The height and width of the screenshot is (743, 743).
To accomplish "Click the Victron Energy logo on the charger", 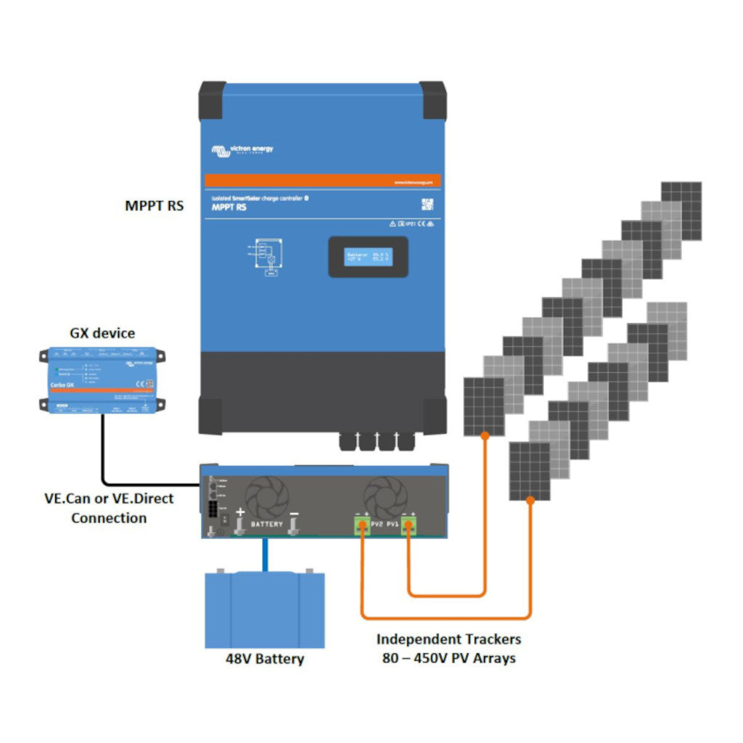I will tap(242, 150).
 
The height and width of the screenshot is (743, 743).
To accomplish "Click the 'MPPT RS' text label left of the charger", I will tap(154, 205).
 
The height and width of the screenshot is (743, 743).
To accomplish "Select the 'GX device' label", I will tap(102, 333).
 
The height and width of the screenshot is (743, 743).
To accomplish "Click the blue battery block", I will tap(264, 609).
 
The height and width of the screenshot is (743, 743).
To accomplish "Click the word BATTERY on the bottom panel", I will tap(266, 523).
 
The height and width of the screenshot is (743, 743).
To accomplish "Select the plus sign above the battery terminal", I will tap(239, 512).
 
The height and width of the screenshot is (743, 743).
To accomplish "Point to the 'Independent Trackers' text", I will tap(448, 639).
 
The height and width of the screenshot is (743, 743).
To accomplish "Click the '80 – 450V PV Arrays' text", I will tap(448, 658).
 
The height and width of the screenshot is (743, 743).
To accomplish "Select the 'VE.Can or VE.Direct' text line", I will tap(108, 499).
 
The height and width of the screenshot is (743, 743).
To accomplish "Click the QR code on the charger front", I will tap(427, 205).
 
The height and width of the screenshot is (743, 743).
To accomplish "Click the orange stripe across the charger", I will tap(322, 181).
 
